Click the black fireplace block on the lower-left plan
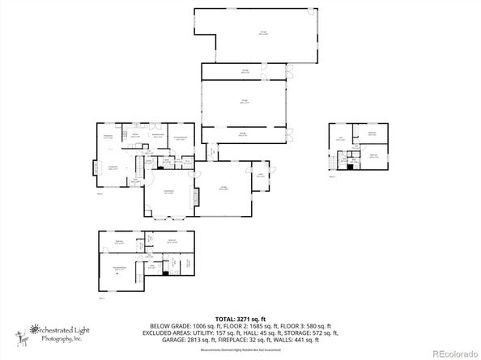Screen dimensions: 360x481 point(165,273)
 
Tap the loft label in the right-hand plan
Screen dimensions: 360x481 point(342,139)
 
